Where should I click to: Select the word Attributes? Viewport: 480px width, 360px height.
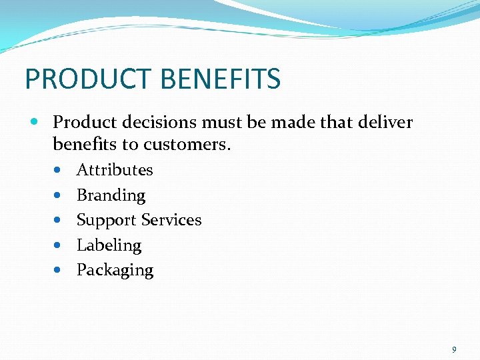point(115,170)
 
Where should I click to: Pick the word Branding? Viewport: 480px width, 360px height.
point(111,195)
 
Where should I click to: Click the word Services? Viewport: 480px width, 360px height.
point(170,220)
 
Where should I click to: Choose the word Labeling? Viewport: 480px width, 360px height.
point(109,245)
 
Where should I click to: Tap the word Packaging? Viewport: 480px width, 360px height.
point(115,271)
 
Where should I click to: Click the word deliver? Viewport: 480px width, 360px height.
point(387,123)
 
